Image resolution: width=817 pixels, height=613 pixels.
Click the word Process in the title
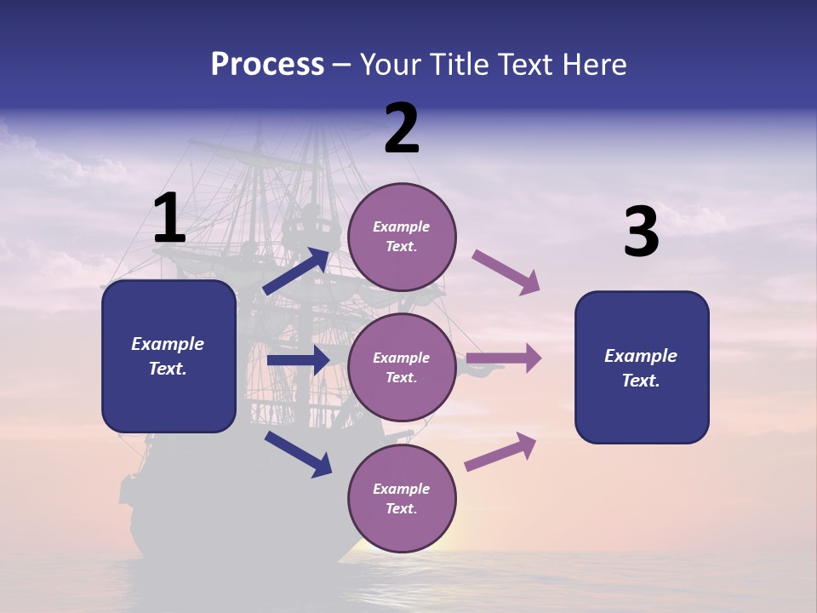pos(267,65)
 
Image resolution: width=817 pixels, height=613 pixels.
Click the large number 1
pos(169,219)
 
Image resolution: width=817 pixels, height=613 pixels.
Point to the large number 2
pos(402,129)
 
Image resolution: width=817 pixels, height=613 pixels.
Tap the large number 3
pos(641,232)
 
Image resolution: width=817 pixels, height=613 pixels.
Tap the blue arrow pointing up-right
pos(297,271)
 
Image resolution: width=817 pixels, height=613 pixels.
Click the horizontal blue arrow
pos(298,360)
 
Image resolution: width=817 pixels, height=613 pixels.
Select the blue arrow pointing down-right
pos(299,453)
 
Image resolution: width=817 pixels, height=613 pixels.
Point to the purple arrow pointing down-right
pos(506,272)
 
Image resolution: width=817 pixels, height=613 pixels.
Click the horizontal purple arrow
pos(504,358)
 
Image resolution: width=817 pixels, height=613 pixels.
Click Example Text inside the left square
pos(168,356)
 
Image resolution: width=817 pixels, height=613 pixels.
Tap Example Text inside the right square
pos(641,368)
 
